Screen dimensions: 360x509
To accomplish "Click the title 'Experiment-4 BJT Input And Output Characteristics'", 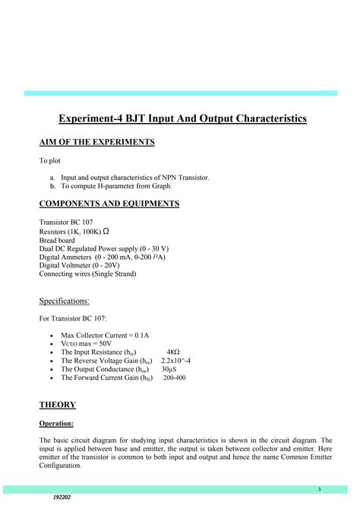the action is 183,119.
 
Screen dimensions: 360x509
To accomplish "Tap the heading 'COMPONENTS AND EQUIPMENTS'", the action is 109,204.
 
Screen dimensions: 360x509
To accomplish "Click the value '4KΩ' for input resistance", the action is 173,353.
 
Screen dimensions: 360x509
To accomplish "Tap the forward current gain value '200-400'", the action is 175,378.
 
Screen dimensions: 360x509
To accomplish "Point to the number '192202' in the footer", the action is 63,497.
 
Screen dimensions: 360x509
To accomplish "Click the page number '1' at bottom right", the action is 321,489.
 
